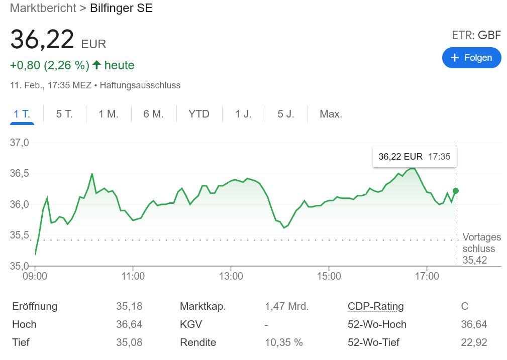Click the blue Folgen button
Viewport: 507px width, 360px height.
[x=471, y=58]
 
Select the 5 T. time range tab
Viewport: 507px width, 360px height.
[x=64, y=114]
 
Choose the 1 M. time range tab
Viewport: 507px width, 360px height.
[x=109, y=114]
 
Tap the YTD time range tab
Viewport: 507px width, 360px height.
[x=199, y=114]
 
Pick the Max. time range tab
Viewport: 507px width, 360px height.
[x=331, y=114]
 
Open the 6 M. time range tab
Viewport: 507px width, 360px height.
[x=153, y=114]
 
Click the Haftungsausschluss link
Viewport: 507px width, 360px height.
[x=140, y=85]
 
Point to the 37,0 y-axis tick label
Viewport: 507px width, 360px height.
[x=20, y=143]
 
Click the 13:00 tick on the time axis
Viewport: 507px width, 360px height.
[x=231, y=276]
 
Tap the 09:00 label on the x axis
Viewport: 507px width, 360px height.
[x=35, y=276]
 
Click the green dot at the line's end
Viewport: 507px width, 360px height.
[x=456, y=191]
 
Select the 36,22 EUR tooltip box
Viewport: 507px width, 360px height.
[x=414, y=157]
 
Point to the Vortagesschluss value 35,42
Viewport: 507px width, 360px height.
[x=475, y=260]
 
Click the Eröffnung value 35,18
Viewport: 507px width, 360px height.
[x=129, y=306]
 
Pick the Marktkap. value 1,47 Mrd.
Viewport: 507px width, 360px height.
[x=286, y=306]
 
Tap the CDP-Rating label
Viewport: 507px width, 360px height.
[x=375, y=306]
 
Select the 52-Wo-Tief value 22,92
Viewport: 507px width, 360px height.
[x=474, y=342]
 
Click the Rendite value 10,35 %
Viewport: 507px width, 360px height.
[x=284, y=342]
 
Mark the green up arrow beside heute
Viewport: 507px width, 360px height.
[x=97, y=65]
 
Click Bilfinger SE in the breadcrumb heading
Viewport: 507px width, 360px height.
[x=121, y=8]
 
